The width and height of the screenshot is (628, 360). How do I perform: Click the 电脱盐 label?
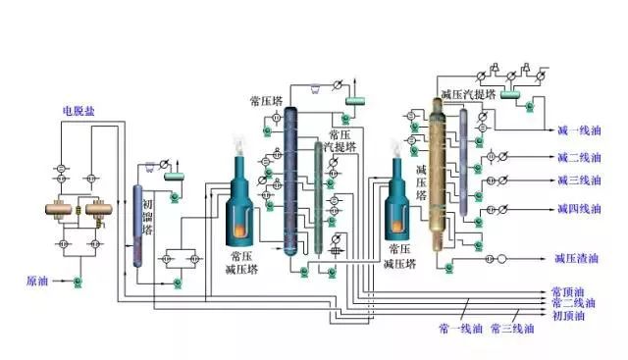[79, 111]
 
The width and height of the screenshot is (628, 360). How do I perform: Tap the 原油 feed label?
[37, 282]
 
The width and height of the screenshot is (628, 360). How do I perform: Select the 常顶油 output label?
[568, 292]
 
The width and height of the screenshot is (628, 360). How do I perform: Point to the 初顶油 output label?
[568, 316]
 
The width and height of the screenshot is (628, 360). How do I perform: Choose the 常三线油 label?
[512, 328]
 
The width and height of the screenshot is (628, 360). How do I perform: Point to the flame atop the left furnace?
[238, 144]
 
